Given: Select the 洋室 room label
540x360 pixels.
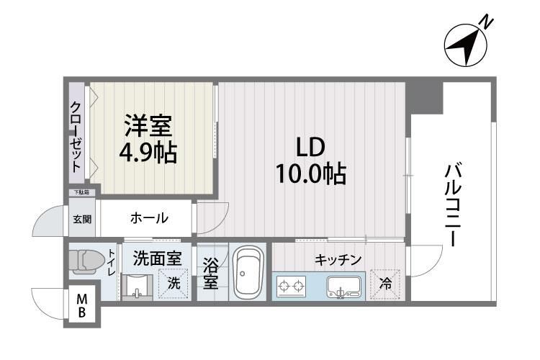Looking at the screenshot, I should [147, 127].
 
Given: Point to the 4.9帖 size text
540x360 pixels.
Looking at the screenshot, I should [148, 153].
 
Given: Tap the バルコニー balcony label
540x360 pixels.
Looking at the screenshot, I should [453, 206].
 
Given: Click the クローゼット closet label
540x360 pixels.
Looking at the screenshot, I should [76, 136].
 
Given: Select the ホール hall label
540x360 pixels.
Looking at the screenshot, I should [149, 217].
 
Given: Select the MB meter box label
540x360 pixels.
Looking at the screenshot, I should [82, 305].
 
